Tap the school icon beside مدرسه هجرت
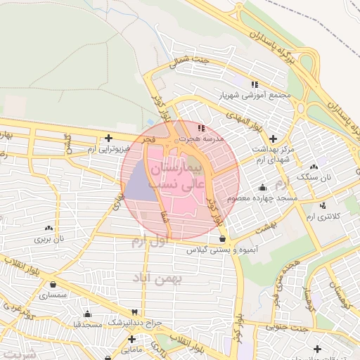point(201,128)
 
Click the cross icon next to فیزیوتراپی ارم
point(108,138)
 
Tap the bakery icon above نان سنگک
point(314,167)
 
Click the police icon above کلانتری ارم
point(323,205)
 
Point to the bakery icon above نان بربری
point(49,228)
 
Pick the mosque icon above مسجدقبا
point(87,314)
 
